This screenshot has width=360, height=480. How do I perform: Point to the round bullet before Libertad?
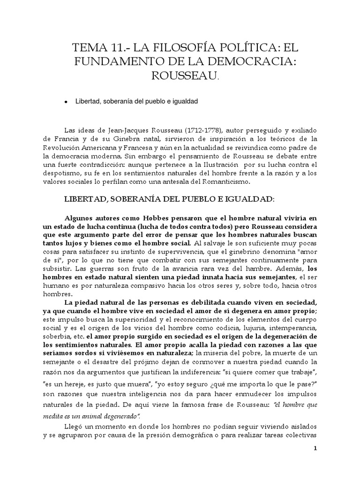click(67, 101)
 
